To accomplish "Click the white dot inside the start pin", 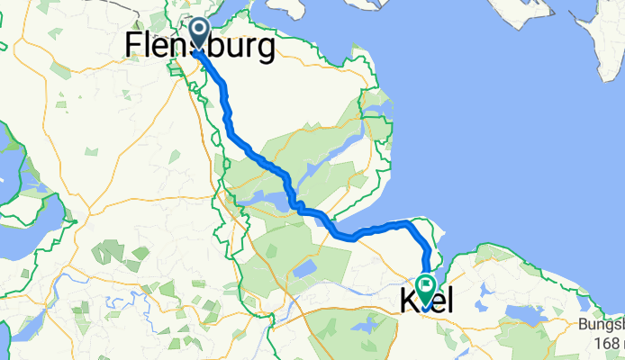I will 198,32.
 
